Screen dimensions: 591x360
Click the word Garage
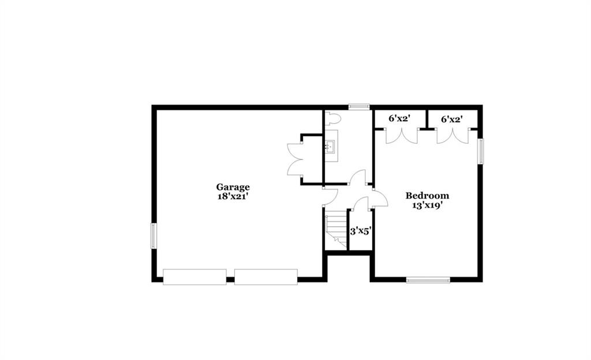point(233,187)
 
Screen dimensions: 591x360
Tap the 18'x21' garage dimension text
point(233,196)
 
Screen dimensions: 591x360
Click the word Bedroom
point(427,196)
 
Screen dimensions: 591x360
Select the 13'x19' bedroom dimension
point(427,205)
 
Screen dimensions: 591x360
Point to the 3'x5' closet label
point(361,231)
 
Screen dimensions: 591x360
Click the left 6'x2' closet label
point(399,119)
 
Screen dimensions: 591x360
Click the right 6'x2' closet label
point(452,119)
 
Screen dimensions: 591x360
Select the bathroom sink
point(331,146)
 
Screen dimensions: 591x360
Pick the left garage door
point(194,277)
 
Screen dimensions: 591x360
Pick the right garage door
point(266,277)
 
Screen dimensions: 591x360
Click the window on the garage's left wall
point(154,236)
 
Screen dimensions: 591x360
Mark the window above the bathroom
point(359,107)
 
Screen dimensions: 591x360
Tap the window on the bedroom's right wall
point(481,151)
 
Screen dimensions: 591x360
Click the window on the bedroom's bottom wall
point(428,280)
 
